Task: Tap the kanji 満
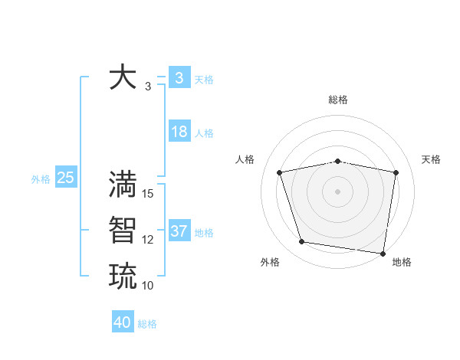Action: point(123,185)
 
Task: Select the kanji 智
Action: point(123,231)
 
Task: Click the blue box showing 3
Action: point(179,78)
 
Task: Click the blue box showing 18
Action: point(179,132)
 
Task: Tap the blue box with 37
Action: point(179,231)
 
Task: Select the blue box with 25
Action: point(65,178)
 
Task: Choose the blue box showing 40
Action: point(123,322)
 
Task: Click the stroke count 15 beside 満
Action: point(148,194)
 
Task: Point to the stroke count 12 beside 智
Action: point(148,240)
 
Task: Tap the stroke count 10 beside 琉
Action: point(148,285)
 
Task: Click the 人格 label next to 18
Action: point(204,133)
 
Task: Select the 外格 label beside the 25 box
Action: point(41,179)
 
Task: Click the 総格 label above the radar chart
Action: point(338,100)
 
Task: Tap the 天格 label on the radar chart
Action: point(431,159)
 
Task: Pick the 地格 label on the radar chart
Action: point(402,262)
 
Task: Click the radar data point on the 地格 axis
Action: point(383,253)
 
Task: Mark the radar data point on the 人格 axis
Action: point(280,172)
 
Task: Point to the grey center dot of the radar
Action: point(337,191)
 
